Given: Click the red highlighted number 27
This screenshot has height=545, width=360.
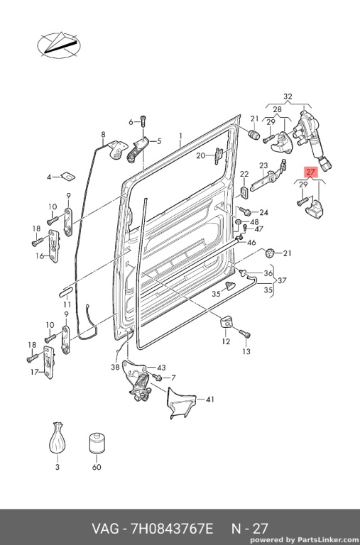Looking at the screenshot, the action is tap(310, 172).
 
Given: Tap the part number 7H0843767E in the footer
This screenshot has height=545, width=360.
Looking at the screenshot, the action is tap(171, 529).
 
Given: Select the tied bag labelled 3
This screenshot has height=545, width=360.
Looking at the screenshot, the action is tap(57, 438).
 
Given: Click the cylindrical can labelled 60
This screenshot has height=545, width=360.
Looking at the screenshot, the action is tap(97, 443).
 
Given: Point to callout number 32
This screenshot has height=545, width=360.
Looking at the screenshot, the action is tap(288, 97).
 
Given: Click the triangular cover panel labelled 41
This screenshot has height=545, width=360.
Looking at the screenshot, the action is tap(181, 403).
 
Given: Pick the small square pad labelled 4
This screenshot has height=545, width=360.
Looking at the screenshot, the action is tap(68, 177).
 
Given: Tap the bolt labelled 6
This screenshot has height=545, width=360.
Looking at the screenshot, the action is tap(143, 120).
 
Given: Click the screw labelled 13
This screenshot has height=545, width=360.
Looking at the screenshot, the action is tap(245, 334).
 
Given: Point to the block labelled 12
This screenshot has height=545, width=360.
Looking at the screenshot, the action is tap(226, 322).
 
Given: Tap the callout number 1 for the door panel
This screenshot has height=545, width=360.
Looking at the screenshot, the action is tap(180, 136).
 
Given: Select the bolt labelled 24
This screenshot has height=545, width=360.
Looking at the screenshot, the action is tap(244, 211).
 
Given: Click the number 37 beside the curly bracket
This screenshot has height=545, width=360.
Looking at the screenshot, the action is tap(282, 280).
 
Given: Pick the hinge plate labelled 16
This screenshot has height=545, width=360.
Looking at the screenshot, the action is tap(53, 246).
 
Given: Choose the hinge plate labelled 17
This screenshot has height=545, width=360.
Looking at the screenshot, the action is tap(48, 362).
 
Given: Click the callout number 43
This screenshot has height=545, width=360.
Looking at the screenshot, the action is tap(161, 368).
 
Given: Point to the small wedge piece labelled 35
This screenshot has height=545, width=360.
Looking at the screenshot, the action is tap(230, 285).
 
